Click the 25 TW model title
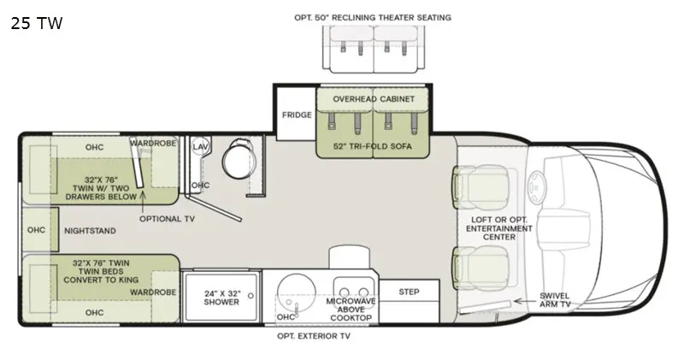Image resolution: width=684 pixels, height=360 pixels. tap(37, 23)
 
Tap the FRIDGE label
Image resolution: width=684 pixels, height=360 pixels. tap(297, 115)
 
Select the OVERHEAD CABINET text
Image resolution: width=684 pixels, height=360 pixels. tap(374, 99)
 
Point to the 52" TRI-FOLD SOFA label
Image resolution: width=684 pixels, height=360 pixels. tap(373, 146)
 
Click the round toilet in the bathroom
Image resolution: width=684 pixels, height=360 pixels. tap(239, 159)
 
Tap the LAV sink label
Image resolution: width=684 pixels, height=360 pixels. tap(200, 146)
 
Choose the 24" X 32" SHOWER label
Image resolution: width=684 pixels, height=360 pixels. tap(221, 298)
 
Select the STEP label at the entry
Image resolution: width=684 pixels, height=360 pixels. tap(409, 292)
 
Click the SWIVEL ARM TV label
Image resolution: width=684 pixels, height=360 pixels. tap(554, 300)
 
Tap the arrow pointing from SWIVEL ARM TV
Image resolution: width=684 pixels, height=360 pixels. tap(525, 301)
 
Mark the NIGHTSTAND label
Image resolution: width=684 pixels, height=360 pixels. tap(91, 231)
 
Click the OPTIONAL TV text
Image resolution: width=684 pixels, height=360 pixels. tap(167, 219)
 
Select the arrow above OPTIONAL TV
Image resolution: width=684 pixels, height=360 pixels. tap(143, 202)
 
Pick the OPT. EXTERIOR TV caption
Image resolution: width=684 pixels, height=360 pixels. tap(314, 336)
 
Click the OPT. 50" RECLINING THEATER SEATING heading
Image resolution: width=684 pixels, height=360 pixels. tap(373, 17)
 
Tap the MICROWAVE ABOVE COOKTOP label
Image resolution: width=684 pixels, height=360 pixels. tap(351, 310)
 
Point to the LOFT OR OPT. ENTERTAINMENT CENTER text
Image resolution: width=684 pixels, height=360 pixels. tap(499, 228)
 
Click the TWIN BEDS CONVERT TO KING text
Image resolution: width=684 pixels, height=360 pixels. tap(101, 275)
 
